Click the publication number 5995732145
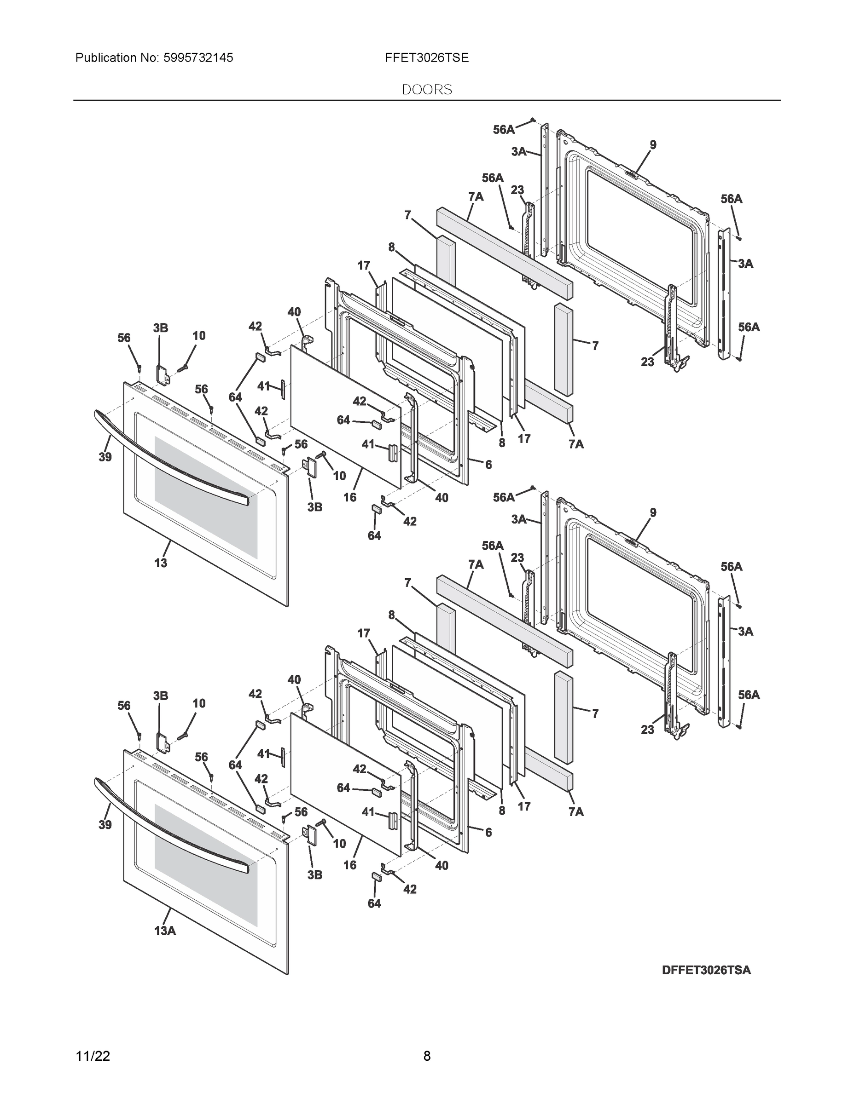coord(198,58)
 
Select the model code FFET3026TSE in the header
coord(426,58)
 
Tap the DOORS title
coord(426,90)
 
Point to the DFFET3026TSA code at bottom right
coord(706,970)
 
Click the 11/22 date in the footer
coord(93,1056)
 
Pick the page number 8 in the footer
coord(426,1056)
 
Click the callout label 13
coord(160,563)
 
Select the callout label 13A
coord(165,931)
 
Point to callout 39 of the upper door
coord(105,457)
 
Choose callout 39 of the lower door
coord(105,824)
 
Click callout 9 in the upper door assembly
coord(653,145)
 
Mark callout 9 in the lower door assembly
coord(653,512)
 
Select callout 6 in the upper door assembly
coord(488,465)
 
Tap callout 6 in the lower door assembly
coord(488,832)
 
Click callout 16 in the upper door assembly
coord(349,497)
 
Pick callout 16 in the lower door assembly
coord(349,865)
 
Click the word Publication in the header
coord(106,58)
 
